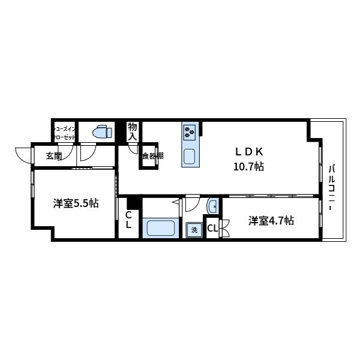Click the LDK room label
pos(248,152)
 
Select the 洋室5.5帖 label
pos(76,204)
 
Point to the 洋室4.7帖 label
pos(271,221)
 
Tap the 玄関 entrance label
pos(53,157)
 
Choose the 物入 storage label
pos(133,131)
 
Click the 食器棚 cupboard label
pos(152,157)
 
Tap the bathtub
pos(160,229)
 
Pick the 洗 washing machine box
pos(194,229)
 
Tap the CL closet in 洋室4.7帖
pos(212,228)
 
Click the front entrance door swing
pos(24,155)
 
